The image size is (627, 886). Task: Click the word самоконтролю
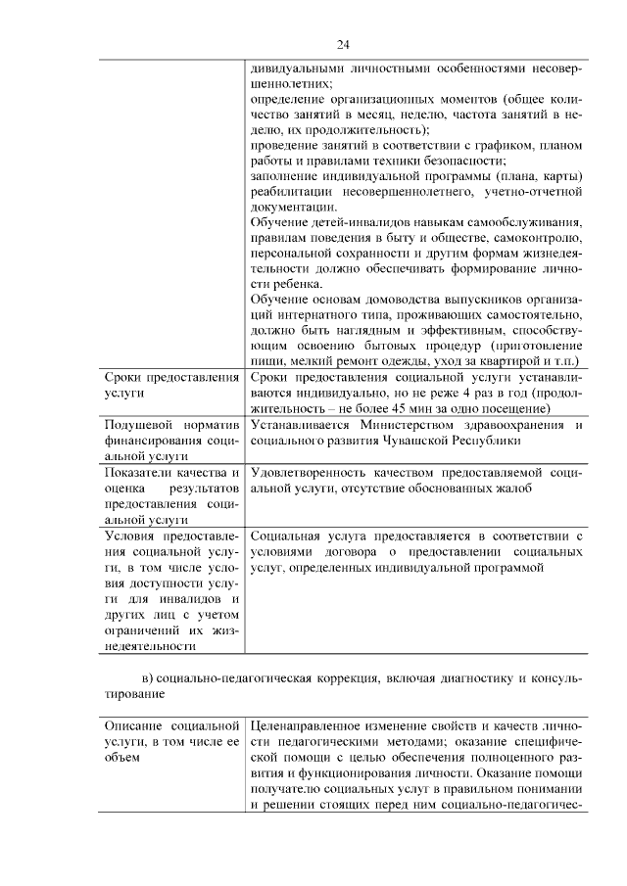tap(540, 238)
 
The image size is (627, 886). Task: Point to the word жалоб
tap(511, 488)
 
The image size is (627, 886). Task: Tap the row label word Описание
tap(132, 725)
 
